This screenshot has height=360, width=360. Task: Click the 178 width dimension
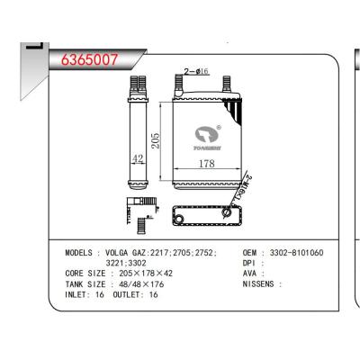[x=205, y=164]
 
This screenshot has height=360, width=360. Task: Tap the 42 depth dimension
[x=139, y=159]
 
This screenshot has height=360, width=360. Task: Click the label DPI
[x=251, y=264]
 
